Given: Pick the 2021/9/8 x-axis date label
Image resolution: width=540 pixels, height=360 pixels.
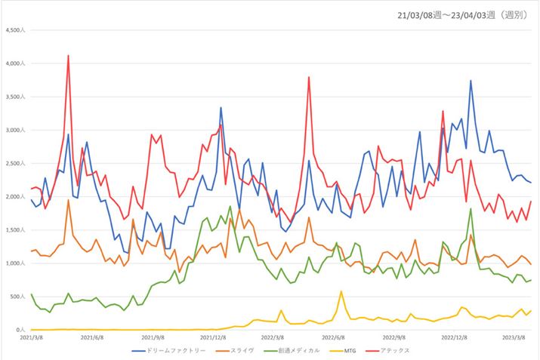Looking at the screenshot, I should (153, 338).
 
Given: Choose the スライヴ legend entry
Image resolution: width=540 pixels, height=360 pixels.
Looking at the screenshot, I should (239, 351).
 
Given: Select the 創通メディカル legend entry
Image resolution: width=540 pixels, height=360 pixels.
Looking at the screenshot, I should (294, 351).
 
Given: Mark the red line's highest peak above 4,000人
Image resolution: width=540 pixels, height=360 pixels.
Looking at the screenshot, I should (68, 56).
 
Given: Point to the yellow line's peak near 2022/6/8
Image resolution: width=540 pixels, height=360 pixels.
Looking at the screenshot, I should (341, 291).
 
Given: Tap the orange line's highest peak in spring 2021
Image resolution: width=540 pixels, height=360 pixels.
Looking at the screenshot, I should (68, 200).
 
